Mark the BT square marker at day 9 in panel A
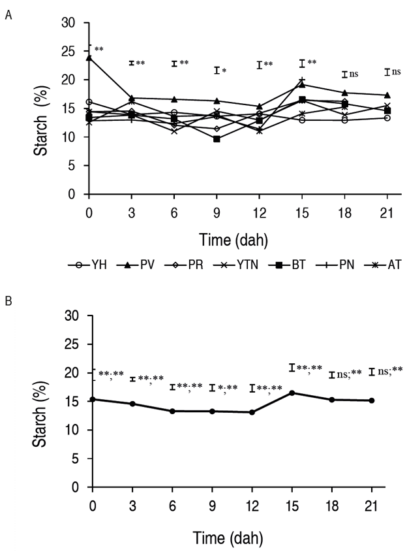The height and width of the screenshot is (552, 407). click(x=217, y=139)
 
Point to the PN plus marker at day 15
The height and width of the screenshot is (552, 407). click(x=302, y=80)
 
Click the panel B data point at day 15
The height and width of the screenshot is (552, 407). click(x=292, y=393)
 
